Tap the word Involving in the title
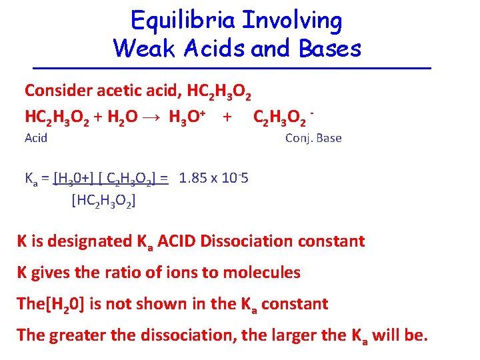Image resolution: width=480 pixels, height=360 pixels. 292,21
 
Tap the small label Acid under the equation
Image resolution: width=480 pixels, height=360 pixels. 35,138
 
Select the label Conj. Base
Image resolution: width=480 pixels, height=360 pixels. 313,138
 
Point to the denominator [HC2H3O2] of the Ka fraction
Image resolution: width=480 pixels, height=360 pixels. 103,199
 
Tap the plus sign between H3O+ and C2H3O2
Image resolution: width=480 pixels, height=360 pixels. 227,117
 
